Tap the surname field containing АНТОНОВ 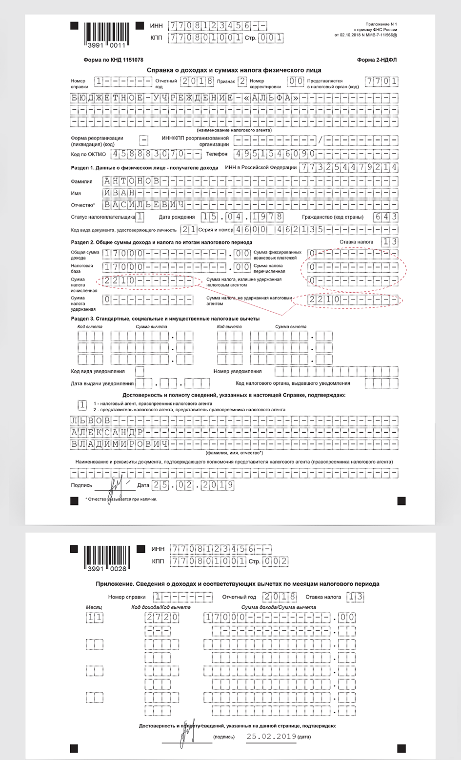[x=132, y=181]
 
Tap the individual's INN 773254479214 [x=349, y=167]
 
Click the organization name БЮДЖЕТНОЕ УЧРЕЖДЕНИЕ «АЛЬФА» [x=185, y=98]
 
